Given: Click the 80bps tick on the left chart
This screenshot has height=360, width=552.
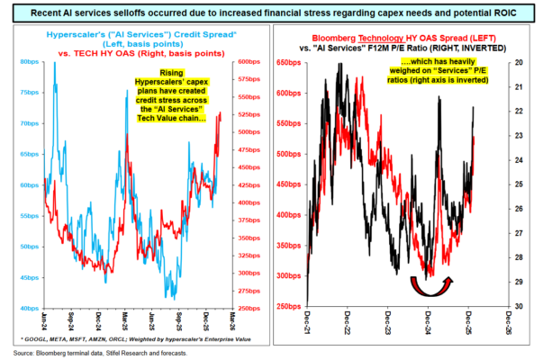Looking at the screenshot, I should (28, 63).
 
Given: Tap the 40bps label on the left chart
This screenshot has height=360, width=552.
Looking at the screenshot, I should (28, 308).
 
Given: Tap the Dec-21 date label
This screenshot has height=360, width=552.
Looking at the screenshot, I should (308, 320).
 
